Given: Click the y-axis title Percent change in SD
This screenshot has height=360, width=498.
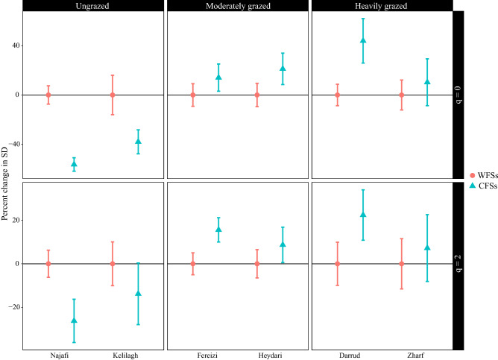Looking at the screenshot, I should (6, 179).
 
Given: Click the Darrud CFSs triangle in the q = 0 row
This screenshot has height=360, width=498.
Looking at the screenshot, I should (363, 40).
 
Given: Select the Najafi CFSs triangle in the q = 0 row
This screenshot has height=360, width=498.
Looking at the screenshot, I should (74, 164).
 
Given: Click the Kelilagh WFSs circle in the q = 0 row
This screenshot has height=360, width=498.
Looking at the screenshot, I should (113, 95).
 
